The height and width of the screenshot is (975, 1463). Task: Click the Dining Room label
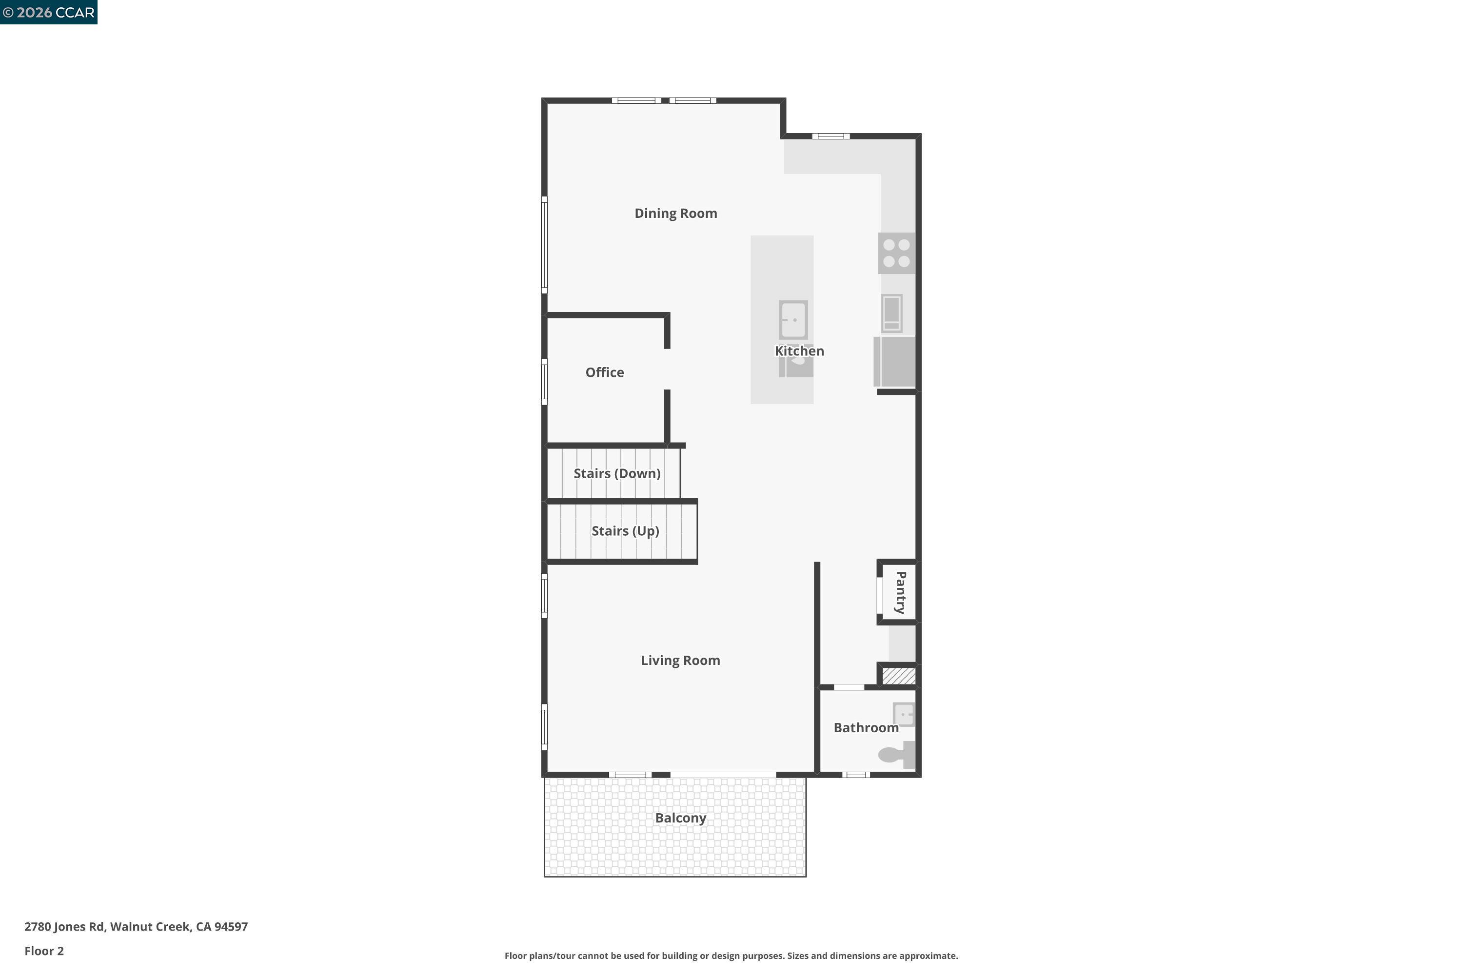(x=675, y=214)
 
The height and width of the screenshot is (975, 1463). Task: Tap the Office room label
(x=604, y=372)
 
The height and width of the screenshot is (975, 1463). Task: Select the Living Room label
(x=680, y=661)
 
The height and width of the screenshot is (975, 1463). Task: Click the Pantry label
(x=900, y=593)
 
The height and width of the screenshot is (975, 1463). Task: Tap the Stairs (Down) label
(x=616, y=473)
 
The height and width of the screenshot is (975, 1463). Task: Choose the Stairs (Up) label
(x=625, y=531)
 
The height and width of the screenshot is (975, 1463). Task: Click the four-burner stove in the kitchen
(x=896, y=253)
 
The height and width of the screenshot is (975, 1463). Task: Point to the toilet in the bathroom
(x=896, y=755)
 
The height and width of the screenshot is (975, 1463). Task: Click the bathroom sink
(x=903, y=715)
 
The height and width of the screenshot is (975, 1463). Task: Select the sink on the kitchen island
(x=794, y=320)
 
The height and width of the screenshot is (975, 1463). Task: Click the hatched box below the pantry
(x=898, y=675)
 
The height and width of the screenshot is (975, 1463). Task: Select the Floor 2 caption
(x=44, y=951)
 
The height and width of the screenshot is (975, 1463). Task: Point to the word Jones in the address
(x=70, y=927)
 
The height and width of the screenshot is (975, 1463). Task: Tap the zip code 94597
(x=231, y=927)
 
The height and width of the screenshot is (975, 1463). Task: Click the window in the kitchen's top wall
(x=830, y=136)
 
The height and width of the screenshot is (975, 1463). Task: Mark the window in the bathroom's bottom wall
(x=856, y=775)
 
